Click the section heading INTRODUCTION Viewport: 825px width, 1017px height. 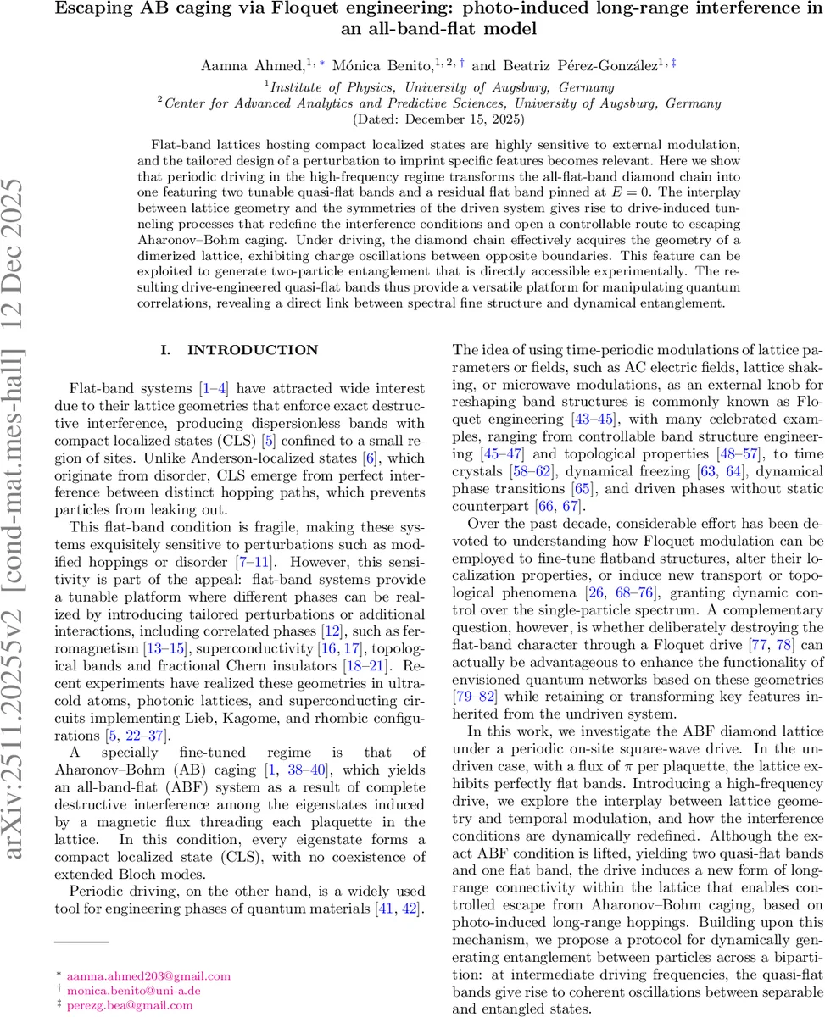240,350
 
